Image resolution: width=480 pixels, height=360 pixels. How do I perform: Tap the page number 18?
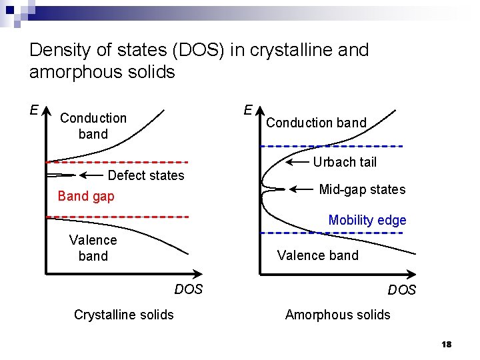447,344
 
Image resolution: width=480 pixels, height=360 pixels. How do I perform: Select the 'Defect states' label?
145,175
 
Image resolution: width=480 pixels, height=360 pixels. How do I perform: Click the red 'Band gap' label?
86,196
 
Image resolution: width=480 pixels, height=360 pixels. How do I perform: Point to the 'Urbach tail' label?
345,162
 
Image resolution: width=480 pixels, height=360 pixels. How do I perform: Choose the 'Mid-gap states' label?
362,189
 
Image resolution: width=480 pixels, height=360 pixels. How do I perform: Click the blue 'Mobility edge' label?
367,220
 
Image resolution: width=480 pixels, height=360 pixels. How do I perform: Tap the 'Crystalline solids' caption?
123,315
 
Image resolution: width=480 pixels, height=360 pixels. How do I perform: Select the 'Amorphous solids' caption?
337,315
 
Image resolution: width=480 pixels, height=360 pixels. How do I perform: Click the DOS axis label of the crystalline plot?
188,289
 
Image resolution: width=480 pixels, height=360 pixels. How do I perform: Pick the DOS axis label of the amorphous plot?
401,290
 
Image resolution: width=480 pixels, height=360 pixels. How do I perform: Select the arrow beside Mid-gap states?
301,189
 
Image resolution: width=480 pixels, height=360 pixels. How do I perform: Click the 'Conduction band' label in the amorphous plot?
316,123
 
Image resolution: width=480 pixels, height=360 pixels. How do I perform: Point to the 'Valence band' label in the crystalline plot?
93,248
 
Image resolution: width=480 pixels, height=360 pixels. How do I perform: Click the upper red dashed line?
117,162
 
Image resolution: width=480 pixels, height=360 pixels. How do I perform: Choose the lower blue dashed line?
331,233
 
